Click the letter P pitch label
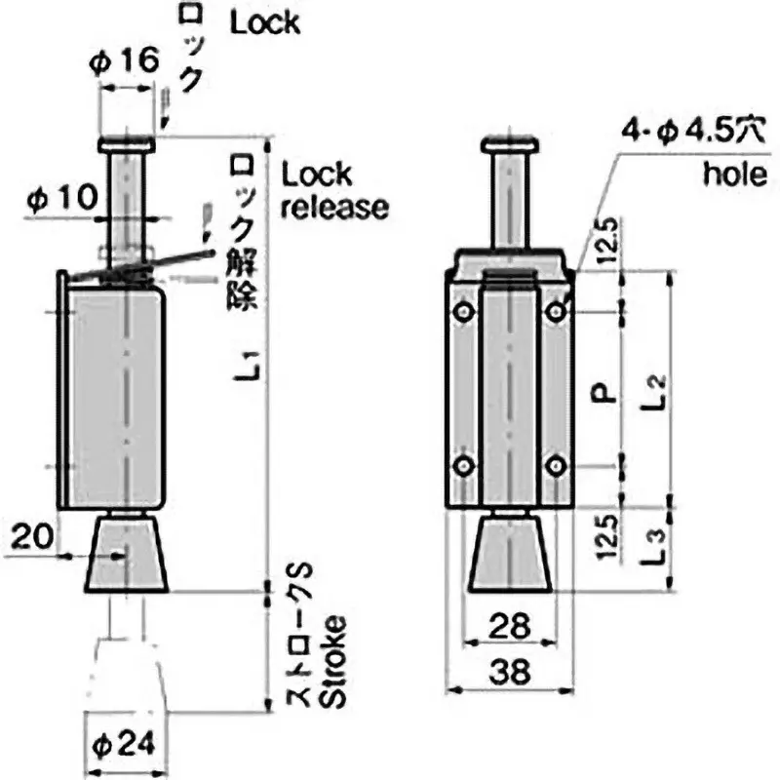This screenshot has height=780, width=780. (604, 392)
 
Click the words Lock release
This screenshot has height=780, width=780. (334, 191)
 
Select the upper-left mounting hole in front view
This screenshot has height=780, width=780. (462, 312)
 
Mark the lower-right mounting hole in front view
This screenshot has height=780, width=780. (555, 466)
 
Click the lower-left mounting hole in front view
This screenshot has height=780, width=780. (462, 466)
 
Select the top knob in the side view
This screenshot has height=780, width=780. (125, 145)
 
